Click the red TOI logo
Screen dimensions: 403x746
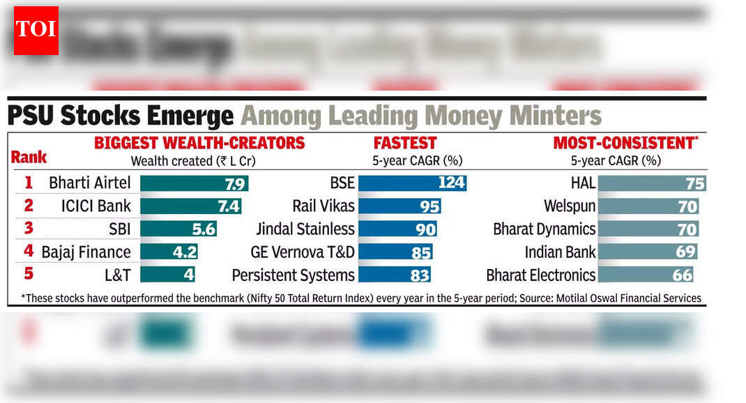[36, 31]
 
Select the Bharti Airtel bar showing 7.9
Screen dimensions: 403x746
[194, 183]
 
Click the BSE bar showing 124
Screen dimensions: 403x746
[411, 183]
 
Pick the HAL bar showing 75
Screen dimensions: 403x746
[652, 183]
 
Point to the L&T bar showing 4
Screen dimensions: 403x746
[167, 275]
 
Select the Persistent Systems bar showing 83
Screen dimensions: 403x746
[394, 275]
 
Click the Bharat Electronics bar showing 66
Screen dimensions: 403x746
[646, 275]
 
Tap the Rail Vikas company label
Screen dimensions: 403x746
[323, 206]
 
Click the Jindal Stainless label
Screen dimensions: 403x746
[305, 229]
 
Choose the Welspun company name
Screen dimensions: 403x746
[570, 206]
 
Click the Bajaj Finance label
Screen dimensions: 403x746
[86, 252]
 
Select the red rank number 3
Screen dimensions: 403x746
[29, 229]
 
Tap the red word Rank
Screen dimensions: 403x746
[29, 157]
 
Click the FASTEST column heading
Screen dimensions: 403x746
[404, 143]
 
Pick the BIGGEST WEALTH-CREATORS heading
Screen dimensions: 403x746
[199, 143]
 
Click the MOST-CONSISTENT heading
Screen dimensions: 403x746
[625, 143]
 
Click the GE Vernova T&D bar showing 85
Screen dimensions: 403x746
[395, 252]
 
